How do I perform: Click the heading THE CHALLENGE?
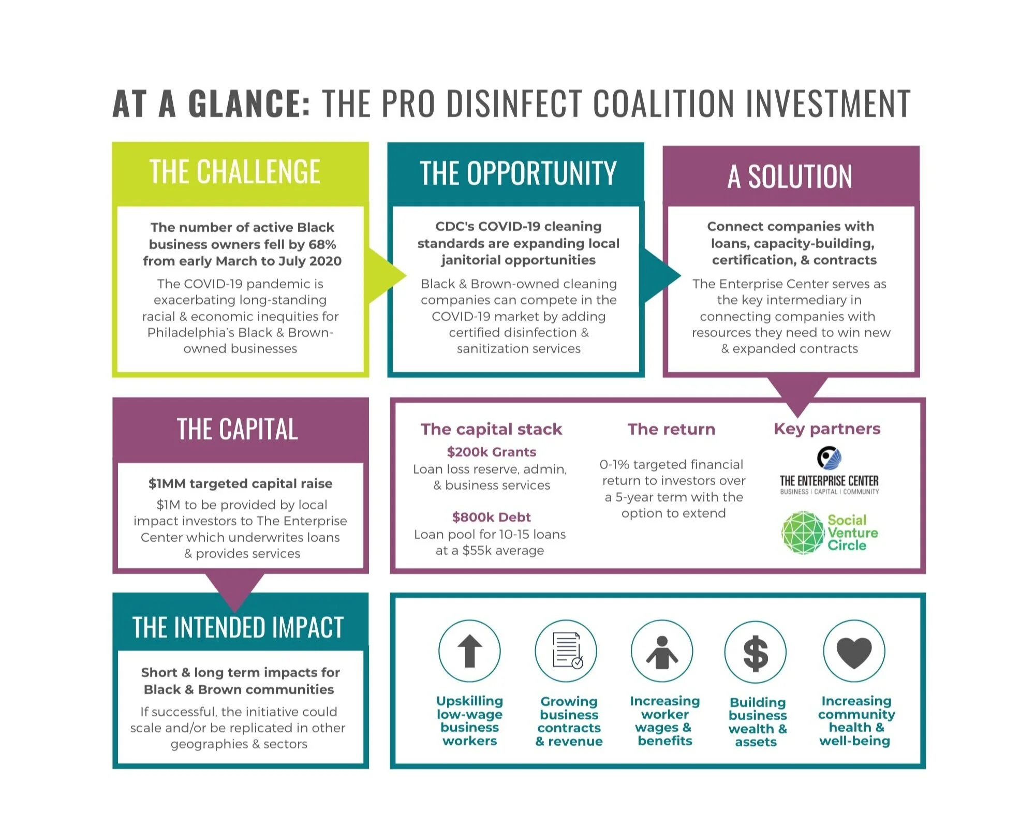tap(235, 172)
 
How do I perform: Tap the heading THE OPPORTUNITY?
tap(517, 173)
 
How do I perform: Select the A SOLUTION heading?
tap(790, 176)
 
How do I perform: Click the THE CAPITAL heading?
tap(238, 429)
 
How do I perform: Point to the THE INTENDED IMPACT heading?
tap(238, 627)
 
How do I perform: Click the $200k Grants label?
tap(491, 452)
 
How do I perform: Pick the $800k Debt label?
tap(491, 517)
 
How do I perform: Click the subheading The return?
tap(671, 429)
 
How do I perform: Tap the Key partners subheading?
tap(827, 429)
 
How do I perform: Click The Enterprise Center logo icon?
tap(829, 458)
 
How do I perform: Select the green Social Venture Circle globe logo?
tap(803, 533)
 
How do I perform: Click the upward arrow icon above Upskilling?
tap(469, 651)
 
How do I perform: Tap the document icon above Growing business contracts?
tap(566, 651)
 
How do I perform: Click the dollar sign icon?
tap(756, 652)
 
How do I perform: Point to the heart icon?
tap(854, 651)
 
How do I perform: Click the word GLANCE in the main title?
tap(249, 104)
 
